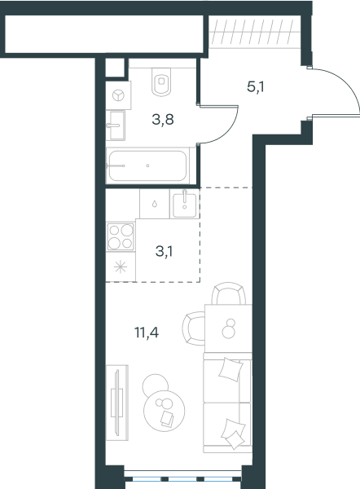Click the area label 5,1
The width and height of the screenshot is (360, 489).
coord(256,87)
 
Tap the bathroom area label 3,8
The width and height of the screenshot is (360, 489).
coord(163,119)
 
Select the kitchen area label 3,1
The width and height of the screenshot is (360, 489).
coord(165,251)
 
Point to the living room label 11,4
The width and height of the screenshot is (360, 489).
coord(147,333)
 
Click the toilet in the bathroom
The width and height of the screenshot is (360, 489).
coord(161,81)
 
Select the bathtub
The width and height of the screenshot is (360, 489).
coord(147,165)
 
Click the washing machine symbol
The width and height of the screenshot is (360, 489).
coord(118,95)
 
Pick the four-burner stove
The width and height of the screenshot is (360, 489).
coord(121,236)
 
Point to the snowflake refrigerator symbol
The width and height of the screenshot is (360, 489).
coord(121,267)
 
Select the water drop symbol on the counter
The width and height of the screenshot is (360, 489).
coord(154,204)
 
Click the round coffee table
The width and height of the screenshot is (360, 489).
coord(164,411)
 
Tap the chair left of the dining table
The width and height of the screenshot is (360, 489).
coord(193,328)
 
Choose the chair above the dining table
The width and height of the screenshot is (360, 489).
coord(228,293)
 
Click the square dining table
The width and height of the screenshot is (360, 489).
coord(228,328)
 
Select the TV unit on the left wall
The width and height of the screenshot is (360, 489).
coord(117,403)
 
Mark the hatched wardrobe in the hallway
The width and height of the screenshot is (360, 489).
coord(251,32)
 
